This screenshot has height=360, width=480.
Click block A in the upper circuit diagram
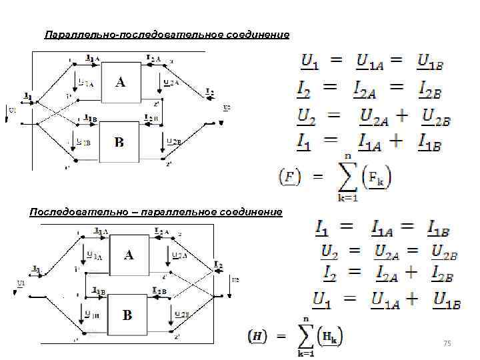pyautogui.click(x=119, y=83)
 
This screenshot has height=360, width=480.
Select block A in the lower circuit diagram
pyautogui.click(x=129, y=255)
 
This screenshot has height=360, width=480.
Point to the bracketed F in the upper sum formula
pyautogui.click(x=289, y=177)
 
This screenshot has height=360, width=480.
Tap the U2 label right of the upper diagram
pyautogui.click(x=227, y=106)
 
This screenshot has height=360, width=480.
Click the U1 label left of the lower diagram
pyautogui.click(x=21, y=283)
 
